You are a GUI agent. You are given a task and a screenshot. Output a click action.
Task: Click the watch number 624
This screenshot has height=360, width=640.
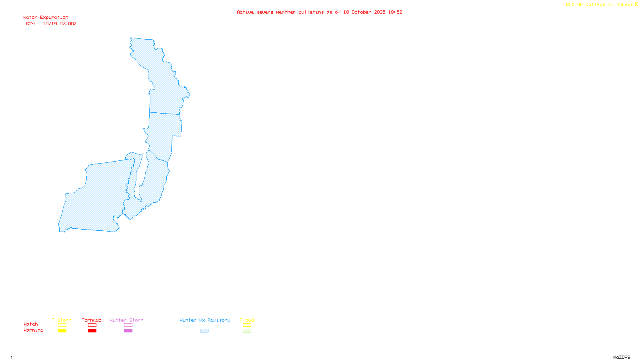[x=30, y=24]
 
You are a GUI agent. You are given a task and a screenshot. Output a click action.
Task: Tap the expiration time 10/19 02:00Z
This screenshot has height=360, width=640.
[x=60, y=24]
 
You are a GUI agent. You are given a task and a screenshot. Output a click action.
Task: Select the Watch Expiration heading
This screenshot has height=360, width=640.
[x=46, y=18]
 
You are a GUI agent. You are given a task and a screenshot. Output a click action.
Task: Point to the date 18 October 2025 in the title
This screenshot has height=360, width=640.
[x=364, y=12]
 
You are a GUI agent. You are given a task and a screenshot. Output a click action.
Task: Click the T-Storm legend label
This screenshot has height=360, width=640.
[x=62, y=320]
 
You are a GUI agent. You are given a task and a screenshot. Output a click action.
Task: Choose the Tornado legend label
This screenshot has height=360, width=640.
[x=92, y=320]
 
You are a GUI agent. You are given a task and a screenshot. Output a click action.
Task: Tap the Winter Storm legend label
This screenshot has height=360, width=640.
[x=126, y=320]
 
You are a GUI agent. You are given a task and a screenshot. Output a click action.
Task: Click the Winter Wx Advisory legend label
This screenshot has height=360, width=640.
[x=205, y=320]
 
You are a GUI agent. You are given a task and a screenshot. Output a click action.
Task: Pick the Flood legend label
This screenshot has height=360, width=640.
[x=247, y=320]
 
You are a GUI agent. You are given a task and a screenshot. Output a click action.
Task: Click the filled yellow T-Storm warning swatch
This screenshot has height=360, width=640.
[x=62, y=331]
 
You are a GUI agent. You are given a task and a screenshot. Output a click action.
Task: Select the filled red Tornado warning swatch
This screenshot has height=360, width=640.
[x=92, y=331]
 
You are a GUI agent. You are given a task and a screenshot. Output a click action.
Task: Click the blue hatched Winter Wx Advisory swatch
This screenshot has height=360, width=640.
[x=204, y=331]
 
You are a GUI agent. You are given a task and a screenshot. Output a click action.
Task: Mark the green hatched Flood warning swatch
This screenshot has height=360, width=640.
[x=247, y=331]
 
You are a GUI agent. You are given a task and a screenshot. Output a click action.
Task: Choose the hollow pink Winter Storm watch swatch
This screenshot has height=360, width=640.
[x=128, y=325]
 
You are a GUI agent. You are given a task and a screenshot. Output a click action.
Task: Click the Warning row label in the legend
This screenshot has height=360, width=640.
[x=33, y=330]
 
